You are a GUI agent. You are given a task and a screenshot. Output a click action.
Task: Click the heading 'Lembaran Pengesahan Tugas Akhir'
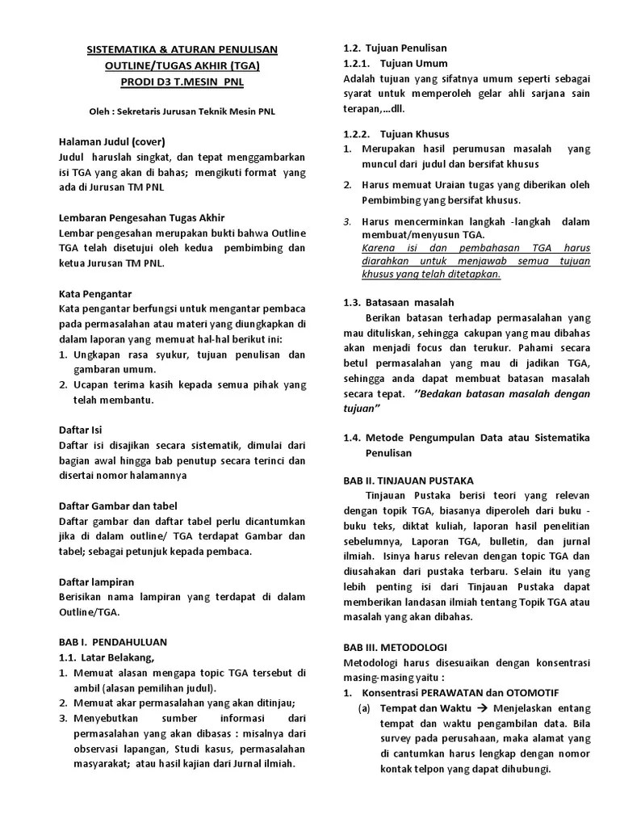(x=141, y=217)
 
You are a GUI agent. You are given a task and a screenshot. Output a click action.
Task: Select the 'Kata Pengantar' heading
(x=94, y=293)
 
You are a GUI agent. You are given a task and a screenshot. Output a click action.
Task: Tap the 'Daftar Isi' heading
(x=81, y=430)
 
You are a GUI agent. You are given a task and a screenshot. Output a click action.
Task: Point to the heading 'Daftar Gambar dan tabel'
(x=118, y=506)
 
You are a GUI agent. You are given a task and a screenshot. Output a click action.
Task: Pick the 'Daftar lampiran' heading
(x=96, y=581)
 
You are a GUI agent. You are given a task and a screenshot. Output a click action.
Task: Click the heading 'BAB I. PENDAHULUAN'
(x=112, y=642)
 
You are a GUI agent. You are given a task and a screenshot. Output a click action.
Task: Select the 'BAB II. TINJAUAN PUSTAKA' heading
(x=408, y=480)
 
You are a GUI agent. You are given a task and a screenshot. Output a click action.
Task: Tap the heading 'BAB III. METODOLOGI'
(x=395, y=647)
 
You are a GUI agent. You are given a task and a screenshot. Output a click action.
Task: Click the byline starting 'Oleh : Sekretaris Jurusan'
(x=181, y=111)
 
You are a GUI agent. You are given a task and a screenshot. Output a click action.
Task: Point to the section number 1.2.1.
(x=356, y=63)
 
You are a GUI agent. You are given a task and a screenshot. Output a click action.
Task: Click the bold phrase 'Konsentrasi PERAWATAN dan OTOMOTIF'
(x=460, y=693)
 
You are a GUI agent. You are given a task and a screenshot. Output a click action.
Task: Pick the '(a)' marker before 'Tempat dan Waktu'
(x=365, y=708)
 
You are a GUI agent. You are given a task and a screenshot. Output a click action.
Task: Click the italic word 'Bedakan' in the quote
(x=444, y=393)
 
